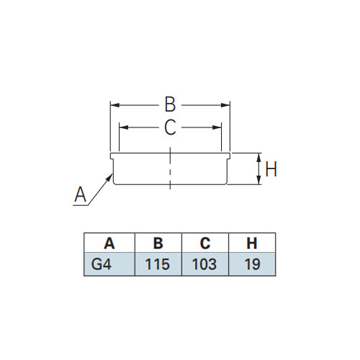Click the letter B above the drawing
(170, 104)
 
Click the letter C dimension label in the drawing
(170, 127)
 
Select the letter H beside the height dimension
(271, 168)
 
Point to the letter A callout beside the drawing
(80, 194)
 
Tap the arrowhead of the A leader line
(110, 177)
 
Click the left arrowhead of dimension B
(115, 105)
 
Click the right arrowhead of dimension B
(225, 105)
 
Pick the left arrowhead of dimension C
(124, 127)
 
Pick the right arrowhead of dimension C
(217, 127)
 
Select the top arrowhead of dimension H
(258, 158)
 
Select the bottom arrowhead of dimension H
(258, 180)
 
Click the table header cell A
(109, 243)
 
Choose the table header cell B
(158, 243)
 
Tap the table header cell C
(205, 243)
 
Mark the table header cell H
(252, 243)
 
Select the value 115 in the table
(158, 264)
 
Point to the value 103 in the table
(204, 264)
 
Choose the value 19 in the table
(253, 264)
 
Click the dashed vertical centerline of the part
(170, 168)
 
